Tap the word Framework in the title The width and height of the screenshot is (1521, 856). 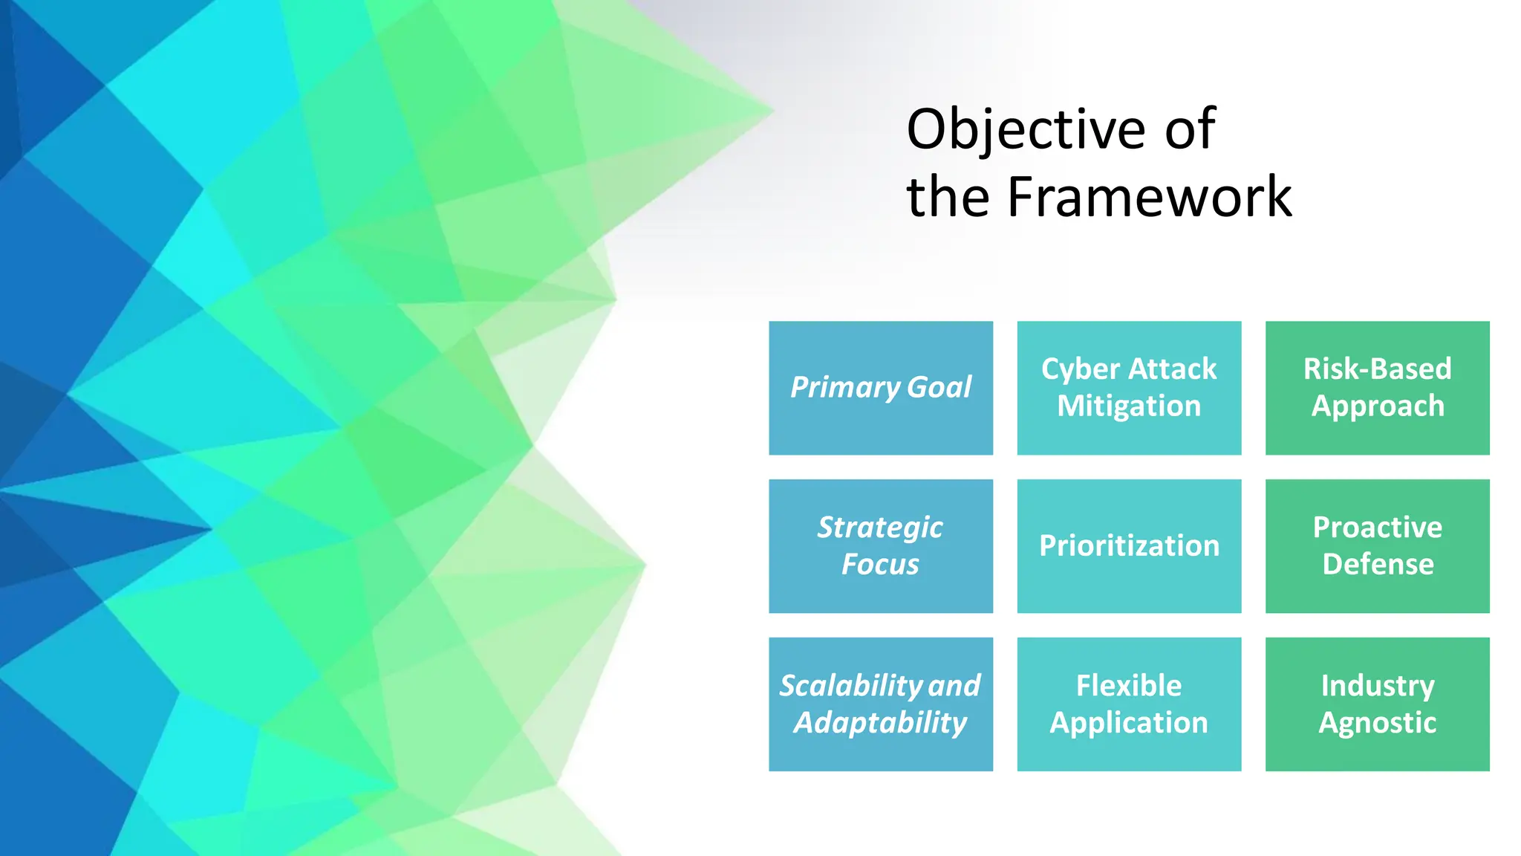coord(1149,198)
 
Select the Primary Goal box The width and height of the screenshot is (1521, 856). coord(881,388)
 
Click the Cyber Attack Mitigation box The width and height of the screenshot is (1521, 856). coord(1129,388)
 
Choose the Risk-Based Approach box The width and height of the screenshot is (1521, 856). coord(1377,388)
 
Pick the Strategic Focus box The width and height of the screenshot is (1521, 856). coord(881,546)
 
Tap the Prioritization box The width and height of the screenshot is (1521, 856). coord(1129,546)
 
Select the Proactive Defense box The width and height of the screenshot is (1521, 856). coord(1377,546)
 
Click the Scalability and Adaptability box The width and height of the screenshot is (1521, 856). coord(881,704)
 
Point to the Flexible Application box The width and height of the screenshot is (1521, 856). coord(1129,704)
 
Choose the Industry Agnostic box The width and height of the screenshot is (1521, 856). coord(1377,704)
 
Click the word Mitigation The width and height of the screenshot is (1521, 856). coord(1129,406)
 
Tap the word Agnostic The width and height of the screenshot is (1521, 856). coord(1377,723)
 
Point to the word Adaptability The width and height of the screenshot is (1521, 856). coord(881,723)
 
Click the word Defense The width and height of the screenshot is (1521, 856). coord(1378,565)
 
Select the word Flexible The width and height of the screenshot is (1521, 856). coord(1129,685)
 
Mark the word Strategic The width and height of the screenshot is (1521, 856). coord(880,528)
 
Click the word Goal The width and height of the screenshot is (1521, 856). coord(939,388)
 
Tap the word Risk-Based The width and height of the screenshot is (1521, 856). coord(1377,369)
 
